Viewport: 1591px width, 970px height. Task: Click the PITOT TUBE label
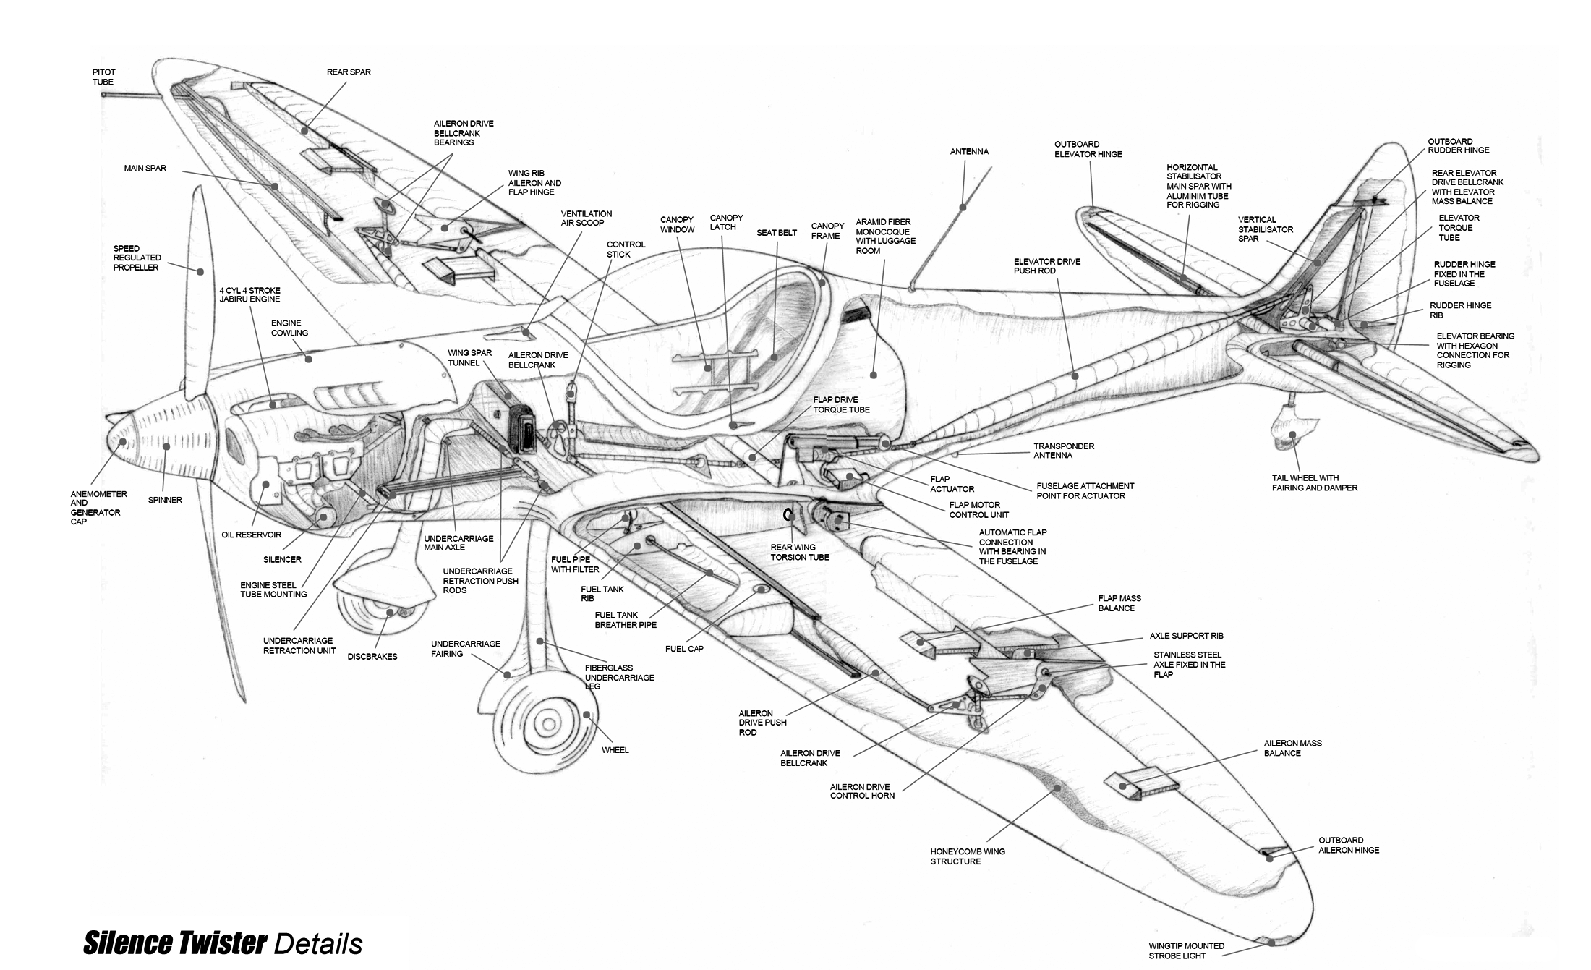point(103,77)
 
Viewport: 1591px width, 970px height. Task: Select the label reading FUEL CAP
point(684,649)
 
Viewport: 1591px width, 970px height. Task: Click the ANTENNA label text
point(969,152)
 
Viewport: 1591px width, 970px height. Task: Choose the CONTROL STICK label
point(626,250)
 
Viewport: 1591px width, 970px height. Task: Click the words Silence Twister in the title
point(175,943)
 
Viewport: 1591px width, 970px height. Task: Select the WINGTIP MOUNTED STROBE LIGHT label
point(1186,950)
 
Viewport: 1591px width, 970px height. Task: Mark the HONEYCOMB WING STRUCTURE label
point(968,856)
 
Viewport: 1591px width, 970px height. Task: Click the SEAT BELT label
point(777,233)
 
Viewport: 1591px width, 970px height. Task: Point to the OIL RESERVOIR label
point(252,535)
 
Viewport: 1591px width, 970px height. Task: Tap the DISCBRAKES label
point(372,657)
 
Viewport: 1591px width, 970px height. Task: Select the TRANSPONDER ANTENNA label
point(1064,451)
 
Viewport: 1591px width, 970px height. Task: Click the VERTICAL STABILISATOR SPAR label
point(1266,229)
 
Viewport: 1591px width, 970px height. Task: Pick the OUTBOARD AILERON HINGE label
point(1349,846)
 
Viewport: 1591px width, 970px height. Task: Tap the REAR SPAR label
point(349,72)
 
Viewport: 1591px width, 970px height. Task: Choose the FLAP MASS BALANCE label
point(1119,603)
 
